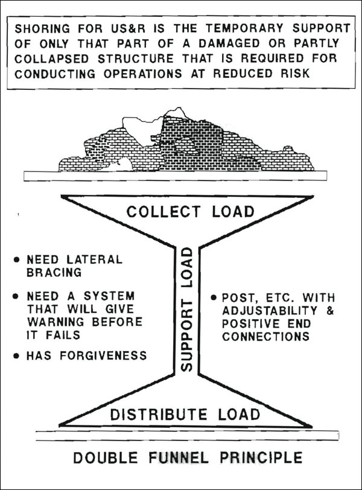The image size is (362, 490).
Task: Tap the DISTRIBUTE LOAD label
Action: point(185,415)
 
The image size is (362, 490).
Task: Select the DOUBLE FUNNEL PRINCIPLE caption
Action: point(188,457)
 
